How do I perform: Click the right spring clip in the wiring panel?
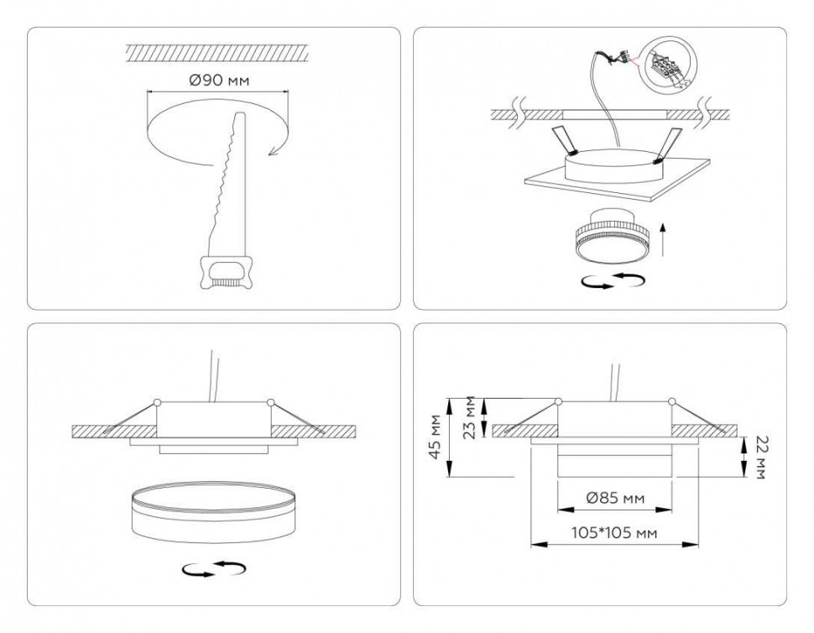pyautogui.click(x=668, y=144)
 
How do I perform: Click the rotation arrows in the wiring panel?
pyautogui.click(x=613, y=280)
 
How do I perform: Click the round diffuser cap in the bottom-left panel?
pyautogui.click(x=214, y=510)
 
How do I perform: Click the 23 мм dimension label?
pyautogui.click(x=472, y=418)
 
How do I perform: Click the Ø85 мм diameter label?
pyautogui.click(x=614, y=499)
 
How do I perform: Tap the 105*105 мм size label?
pyautogui.click(x=614, y=532)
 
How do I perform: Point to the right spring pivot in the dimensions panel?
pyautogui.click(x=671, y=401)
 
